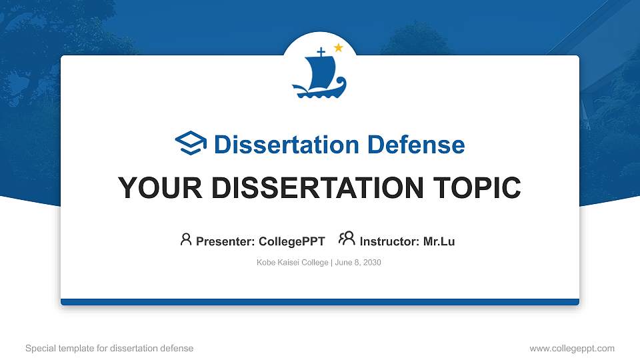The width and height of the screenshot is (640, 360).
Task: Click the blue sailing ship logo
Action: point(319,75)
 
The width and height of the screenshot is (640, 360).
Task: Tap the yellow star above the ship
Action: point(338,47)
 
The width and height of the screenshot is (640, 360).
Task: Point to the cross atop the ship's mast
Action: point(321,52)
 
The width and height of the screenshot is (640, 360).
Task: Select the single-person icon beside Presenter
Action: point(186,239)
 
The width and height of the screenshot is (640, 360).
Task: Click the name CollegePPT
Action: point(291,241)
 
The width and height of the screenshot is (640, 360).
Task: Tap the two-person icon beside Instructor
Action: point(347,239)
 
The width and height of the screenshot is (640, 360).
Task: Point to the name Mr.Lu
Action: point(439,241)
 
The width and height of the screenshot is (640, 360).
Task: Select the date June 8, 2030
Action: point(358,263)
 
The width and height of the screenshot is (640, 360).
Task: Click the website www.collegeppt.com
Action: point(571,348)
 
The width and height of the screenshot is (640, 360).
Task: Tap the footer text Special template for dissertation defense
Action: point(109,348)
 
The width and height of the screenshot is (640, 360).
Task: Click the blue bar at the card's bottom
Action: point(320,302)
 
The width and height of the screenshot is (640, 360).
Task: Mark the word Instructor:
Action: point(390,241)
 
